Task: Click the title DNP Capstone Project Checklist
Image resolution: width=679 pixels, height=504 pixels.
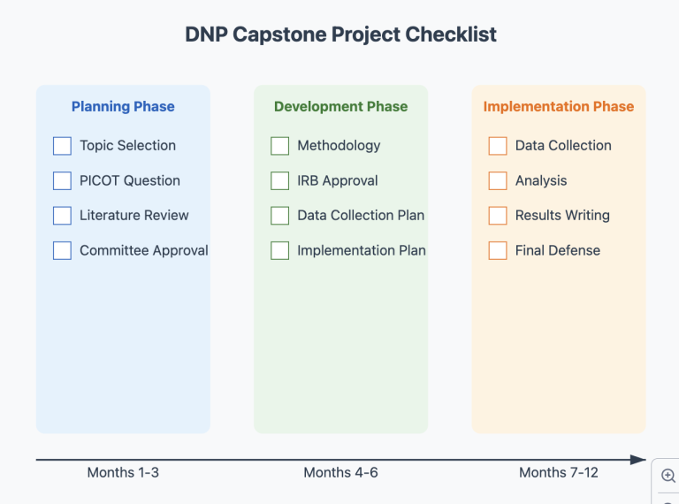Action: tap(340, 34)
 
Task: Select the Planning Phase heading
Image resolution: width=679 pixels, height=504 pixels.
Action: tap(123, 107)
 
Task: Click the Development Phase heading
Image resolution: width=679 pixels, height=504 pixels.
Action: tap(340, 107)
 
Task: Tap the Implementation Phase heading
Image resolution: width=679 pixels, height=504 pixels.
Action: tap(558, 107)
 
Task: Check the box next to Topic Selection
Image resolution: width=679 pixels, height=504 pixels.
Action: tap(62, 146)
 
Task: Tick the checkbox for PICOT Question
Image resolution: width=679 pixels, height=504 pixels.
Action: tap(62, 180)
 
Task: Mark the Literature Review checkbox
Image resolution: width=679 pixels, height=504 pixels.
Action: tap(62, 216)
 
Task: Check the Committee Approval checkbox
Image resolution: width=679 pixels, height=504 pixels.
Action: tap(62, 250)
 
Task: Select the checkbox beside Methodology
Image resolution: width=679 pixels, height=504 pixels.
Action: tap(279, 146)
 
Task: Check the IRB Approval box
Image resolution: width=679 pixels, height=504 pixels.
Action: tap(279, 180)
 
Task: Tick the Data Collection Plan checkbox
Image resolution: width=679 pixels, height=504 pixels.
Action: tap(279, 216)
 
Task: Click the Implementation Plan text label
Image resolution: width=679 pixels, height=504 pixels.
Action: tap(361, 250)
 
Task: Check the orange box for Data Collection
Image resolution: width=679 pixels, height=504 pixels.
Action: tap(498, 146)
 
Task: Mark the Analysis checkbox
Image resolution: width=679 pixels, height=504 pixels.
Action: tap(498, 180)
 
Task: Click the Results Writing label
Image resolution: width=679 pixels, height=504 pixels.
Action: tap(562, 216)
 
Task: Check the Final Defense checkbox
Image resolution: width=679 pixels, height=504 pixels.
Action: tap(498, 250)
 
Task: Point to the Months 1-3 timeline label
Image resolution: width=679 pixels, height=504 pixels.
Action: tap(123, 472)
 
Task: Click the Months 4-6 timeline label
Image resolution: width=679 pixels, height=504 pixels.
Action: tap(340, 472)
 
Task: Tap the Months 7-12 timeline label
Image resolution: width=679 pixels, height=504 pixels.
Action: tap(558, 472)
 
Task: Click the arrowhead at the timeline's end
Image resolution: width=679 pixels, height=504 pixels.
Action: tap(638, 460)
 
